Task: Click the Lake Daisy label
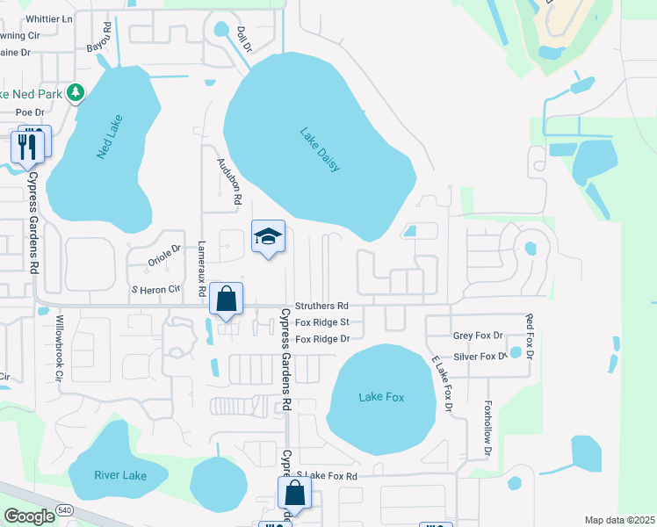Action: click(x=320, y=150)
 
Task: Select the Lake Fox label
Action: click(x=381, y=397)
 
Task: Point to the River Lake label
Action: click(x=120, y=475)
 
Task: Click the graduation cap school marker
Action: click(x=269, y=236)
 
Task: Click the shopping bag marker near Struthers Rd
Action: click(x=227, y=299)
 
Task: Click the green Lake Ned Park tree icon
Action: click(x=76, y=90)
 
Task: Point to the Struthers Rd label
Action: click(x=321, y=306)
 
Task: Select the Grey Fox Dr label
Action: click(x=478, y=336)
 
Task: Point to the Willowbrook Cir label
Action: click(x=60, y=347)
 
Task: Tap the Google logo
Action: click(x=30, y=516)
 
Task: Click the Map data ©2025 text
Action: click(x=619, y=520)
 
